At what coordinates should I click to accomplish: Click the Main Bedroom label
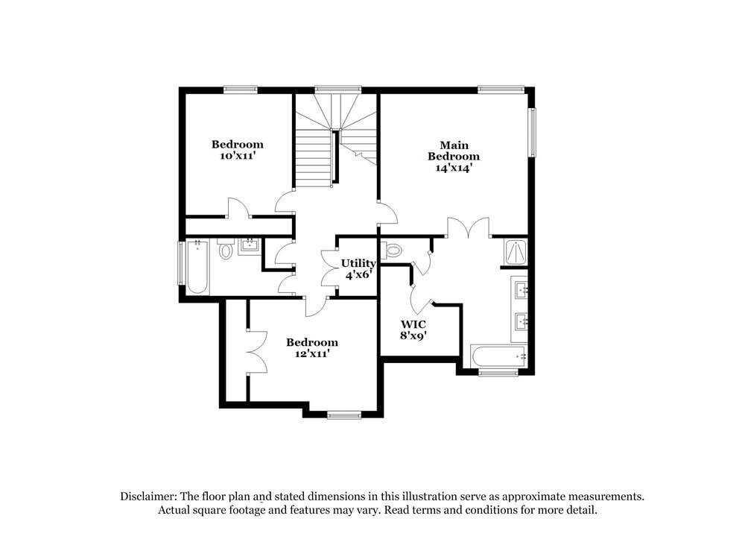453,151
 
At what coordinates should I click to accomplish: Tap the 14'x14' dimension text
453,168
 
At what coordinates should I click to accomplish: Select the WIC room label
413,324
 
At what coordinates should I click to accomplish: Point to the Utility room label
358,263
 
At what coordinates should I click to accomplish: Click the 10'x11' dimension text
237,156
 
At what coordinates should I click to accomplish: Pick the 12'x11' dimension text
311,354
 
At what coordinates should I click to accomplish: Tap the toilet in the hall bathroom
226,250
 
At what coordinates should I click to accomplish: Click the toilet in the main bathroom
393,250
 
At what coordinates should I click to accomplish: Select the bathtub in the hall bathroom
197,266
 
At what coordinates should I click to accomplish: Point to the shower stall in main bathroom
516,253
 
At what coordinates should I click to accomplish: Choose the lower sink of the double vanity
519,322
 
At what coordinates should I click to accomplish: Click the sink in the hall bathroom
248,246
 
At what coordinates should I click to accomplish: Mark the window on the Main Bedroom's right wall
532,133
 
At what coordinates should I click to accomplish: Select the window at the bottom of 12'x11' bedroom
343,415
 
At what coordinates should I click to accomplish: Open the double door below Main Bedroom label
468,227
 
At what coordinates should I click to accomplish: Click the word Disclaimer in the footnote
150,496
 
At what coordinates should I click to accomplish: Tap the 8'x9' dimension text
413,336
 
